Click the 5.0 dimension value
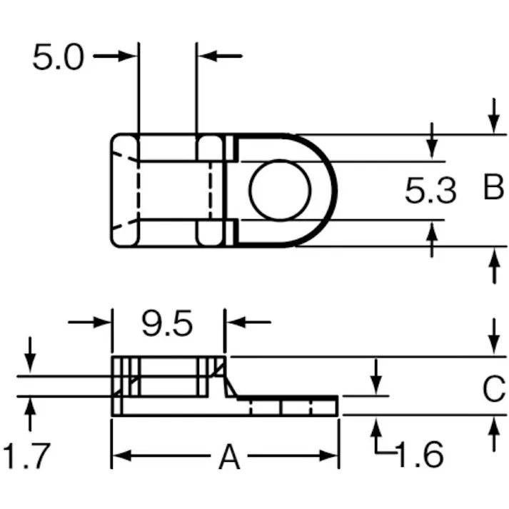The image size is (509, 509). coord(59,57)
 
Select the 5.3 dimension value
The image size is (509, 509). coord(430,191)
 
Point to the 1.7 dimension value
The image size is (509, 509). coord(26,455)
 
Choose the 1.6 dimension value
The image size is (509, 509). coord(419,454)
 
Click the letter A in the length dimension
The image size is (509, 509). coord(229,456)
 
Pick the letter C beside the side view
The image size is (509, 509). coord(494,388)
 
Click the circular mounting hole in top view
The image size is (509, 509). coord(280,190)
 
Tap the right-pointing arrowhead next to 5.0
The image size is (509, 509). coord(128,56)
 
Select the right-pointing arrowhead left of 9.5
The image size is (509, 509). coord(102,322)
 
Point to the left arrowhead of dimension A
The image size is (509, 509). coord(122,455)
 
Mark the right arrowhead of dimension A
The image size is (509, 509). coord(328,455)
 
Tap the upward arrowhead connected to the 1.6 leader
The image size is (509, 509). coord(376,428)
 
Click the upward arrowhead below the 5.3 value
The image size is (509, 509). coord(432,231)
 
